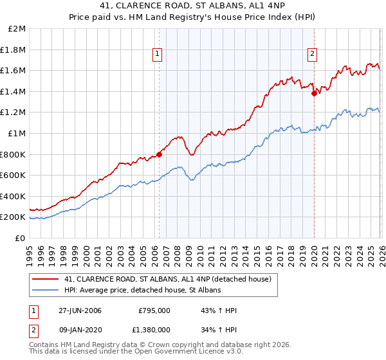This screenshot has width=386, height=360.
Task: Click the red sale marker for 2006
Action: pyautogui.click(x=160, y=154)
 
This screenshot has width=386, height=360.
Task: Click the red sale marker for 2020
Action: pyautogui.click(x=314, y=93)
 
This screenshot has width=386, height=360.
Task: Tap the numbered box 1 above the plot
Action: pyautogui.click(x=158, y=54)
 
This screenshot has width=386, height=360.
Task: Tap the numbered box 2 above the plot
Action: pyautogui.click(x=312, y=54)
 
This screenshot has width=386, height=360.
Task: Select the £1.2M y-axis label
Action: pyautogui.click(x=14, y=113)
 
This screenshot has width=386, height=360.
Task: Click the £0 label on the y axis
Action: pyautogui.click(x=20, y=238)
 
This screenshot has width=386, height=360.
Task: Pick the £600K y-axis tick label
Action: pyautogui.click(x=14, y=175)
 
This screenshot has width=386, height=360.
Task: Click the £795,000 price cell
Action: pyautogui.click(x=154, y=310)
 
